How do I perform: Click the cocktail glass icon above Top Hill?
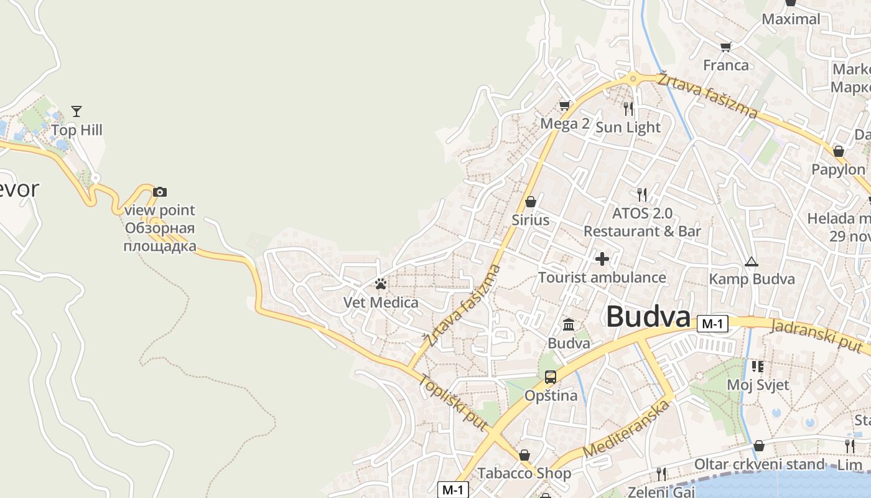(x=77, y=111)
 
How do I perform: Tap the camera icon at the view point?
(x=160, y=192)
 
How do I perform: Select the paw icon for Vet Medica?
(x=381, y=284)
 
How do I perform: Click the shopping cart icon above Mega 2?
(x=564, y=105)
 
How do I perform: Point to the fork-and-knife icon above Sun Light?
(x=628, y=109)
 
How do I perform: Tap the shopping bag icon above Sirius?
(x=531, y=202)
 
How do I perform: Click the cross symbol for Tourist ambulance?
(x=602, y=258)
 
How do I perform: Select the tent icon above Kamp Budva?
(x=752, y=261)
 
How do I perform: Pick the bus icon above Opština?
(x=551, y=377)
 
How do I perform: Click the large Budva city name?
(x=648, y=316)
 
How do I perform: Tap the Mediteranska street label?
(x=628, y=430)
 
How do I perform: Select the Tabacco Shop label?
(x=524, y=473)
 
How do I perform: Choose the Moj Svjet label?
(x=758, y=385)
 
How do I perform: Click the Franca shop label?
(x=726, y=65)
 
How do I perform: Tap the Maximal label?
(x=791, y=19)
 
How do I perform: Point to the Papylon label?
(x=838, y=169)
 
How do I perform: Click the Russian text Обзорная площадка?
(x=160, y=237)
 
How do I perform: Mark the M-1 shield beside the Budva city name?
(x=713, y=324)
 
